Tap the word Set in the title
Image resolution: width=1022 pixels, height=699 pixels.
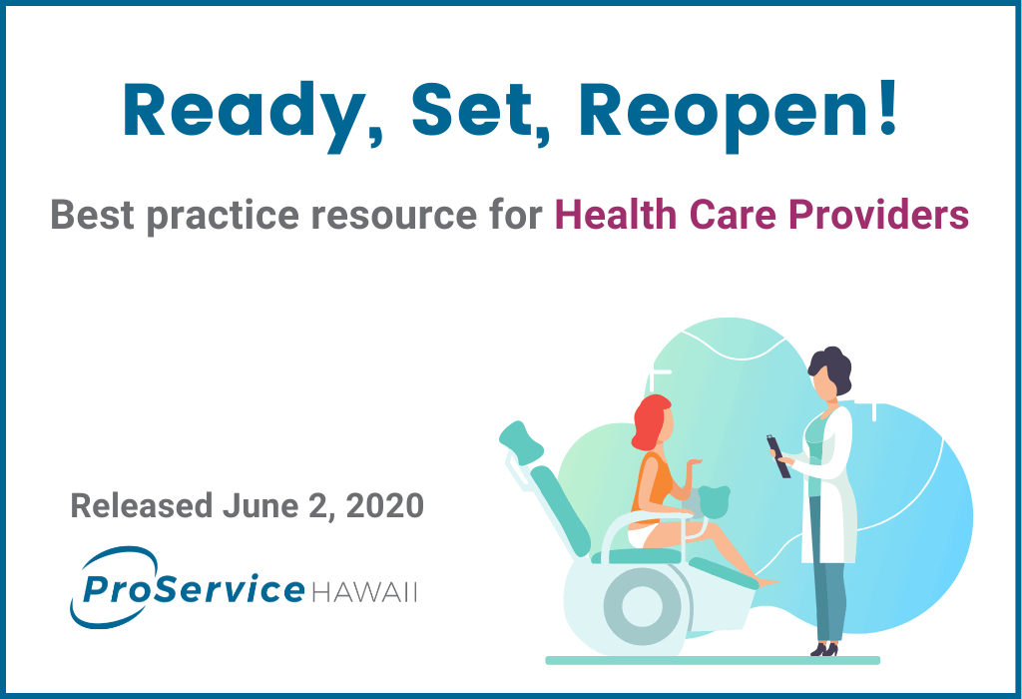pos(473,110)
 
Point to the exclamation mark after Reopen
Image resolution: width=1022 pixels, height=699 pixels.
pos(887,108)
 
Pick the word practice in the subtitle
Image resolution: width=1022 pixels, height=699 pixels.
pos(223,217)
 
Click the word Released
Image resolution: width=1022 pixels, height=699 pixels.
pos(142,506)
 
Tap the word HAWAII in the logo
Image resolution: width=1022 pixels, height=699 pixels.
pos(364,593)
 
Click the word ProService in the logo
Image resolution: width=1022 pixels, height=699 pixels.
pos(193,589)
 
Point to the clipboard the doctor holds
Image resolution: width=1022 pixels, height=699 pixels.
pos(778,456)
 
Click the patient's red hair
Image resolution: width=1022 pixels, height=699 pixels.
pos(650,420)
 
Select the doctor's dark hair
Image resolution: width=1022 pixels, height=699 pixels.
pos(830,369)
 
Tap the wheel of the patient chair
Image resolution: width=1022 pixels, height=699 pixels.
pos(642,606)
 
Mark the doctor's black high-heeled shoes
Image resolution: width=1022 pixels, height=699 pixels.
pos(823,649)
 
